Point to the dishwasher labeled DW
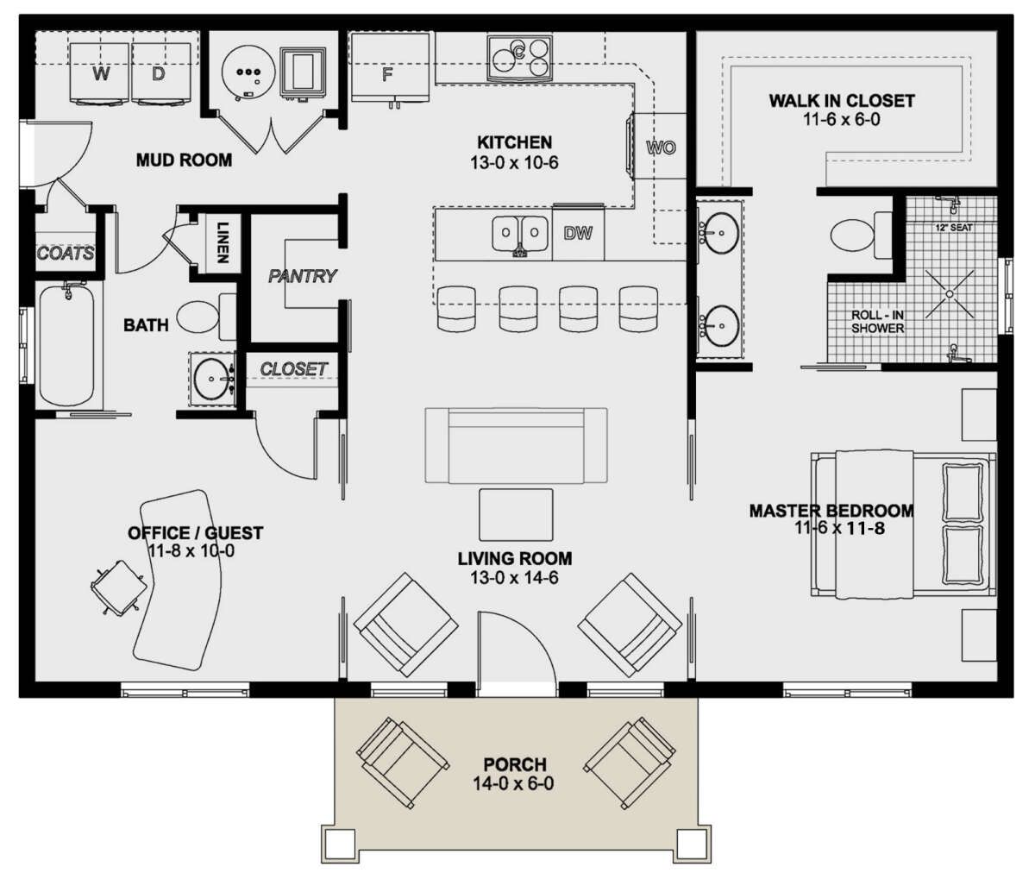point(578,233)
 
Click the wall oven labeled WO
point(660,147)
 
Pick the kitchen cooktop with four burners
point(519,58)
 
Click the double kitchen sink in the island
point(520,236)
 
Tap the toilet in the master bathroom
point(861,235)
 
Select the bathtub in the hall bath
point(66,345)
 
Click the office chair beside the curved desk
point(118,587)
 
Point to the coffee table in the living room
point(516,515)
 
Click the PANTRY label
point(303,276)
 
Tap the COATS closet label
point(66,254)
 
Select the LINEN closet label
point(223,242)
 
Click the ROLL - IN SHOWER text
point(877,322)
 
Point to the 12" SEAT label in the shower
point(954,228)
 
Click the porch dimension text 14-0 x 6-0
point(513,783)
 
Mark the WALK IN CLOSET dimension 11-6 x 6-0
point(842,119)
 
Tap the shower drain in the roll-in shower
point(950,294)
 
